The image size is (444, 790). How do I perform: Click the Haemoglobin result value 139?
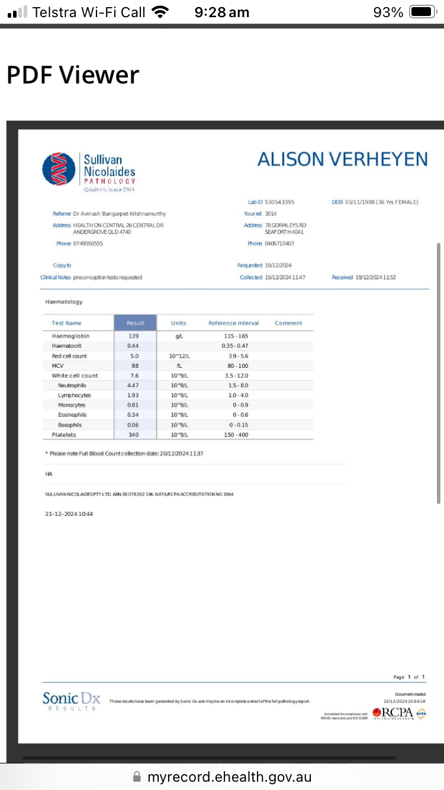(134, 336)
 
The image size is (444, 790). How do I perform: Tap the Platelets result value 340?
(134, 435)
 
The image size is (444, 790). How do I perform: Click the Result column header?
(136, 323)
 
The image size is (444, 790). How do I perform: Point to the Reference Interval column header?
(234, 323)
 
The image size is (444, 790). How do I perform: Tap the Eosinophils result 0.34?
(134, 415)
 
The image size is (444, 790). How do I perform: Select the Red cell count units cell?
(178, 356)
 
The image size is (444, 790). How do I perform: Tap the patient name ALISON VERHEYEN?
(342, 159)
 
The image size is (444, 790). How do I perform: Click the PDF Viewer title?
(73, 75)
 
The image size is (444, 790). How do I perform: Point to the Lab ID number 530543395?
(279, 202)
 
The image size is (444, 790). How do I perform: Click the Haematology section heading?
(64, 302)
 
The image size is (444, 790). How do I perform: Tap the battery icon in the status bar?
(423, 12)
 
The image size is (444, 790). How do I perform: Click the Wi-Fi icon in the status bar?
(159, 12)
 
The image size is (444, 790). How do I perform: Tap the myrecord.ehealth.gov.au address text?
(229, 777)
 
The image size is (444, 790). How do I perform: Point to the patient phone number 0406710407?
(279, 243)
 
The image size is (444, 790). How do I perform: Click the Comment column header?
(288, 323)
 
